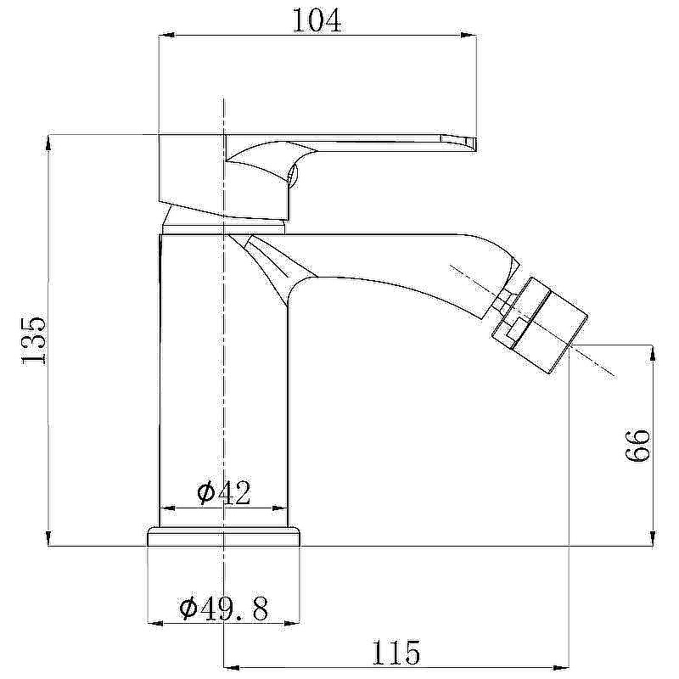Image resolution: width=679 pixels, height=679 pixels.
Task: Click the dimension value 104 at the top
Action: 317,20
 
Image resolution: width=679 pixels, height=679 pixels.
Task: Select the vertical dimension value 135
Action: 33,341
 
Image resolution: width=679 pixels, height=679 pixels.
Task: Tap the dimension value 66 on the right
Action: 638,446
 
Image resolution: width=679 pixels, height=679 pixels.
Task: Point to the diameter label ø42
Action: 223,492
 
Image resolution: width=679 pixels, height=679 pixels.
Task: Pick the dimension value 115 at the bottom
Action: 396,653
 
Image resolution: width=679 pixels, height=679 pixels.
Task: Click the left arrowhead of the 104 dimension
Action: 167,36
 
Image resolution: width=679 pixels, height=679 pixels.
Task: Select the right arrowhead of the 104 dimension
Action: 469,36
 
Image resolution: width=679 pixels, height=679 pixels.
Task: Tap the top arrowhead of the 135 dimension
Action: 48,143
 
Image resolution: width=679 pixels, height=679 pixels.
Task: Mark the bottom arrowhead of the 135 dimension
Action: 48,538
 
